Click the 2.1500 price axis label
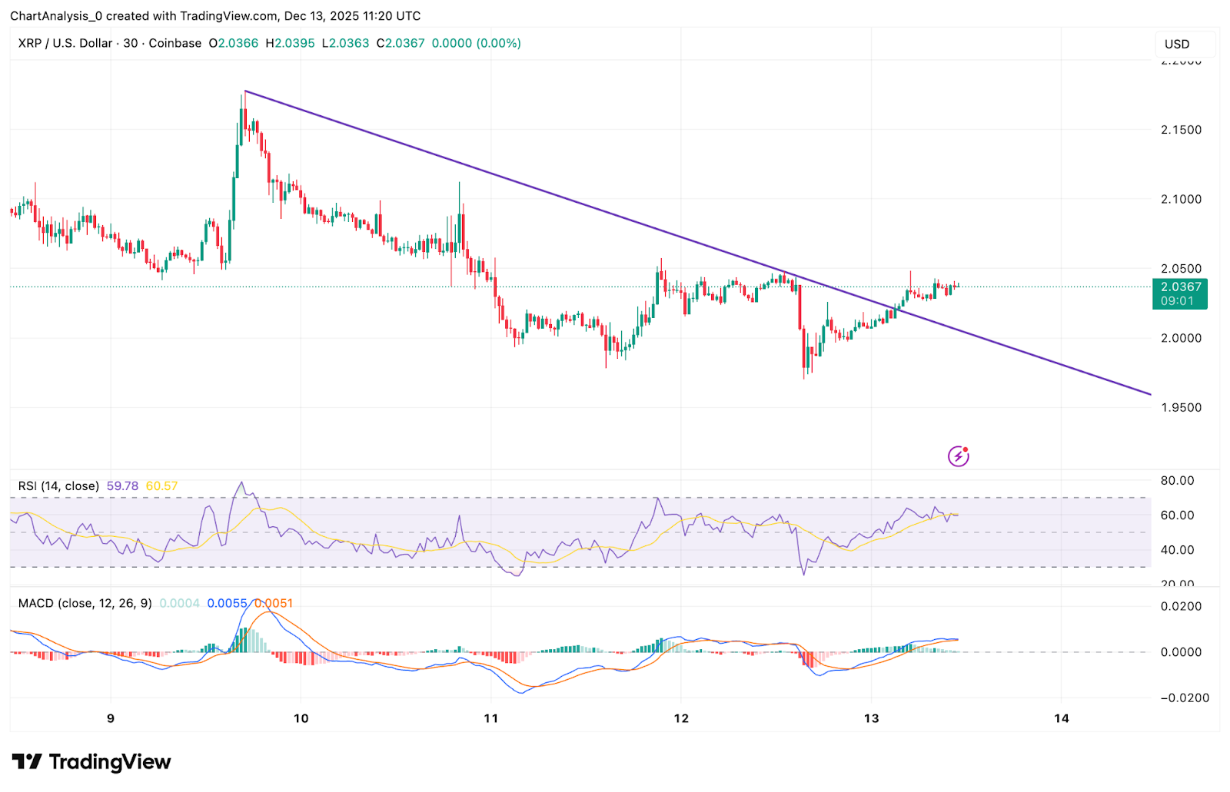coord(1181,130)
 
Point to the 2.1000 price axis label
coord(1181,199)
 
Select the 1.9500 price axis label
coord(1181,407)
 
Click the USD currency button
coord(1177,45)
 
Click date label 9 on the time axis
coord(111,718)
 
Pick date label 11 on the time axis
coord(491,718)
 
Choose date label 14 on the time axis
coord(1061,718)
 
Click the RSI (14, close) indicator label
coord(58,486)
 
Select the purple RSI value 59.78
coord(122,486)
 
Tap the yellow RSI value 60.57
coord(161,486)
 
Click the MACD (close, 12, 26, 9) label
coord(85,604)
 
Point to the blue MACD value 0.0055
coord(227,604)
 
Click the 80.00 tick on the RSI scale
coord(1177,481)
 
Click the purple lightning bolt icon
coord(958,456)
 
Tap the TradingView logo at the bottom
coord(91,762)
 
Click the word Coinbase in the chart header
coord(175,44)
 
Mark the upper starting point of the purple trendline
coord(245,91)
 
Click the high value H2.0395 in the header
coord(290,44)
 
